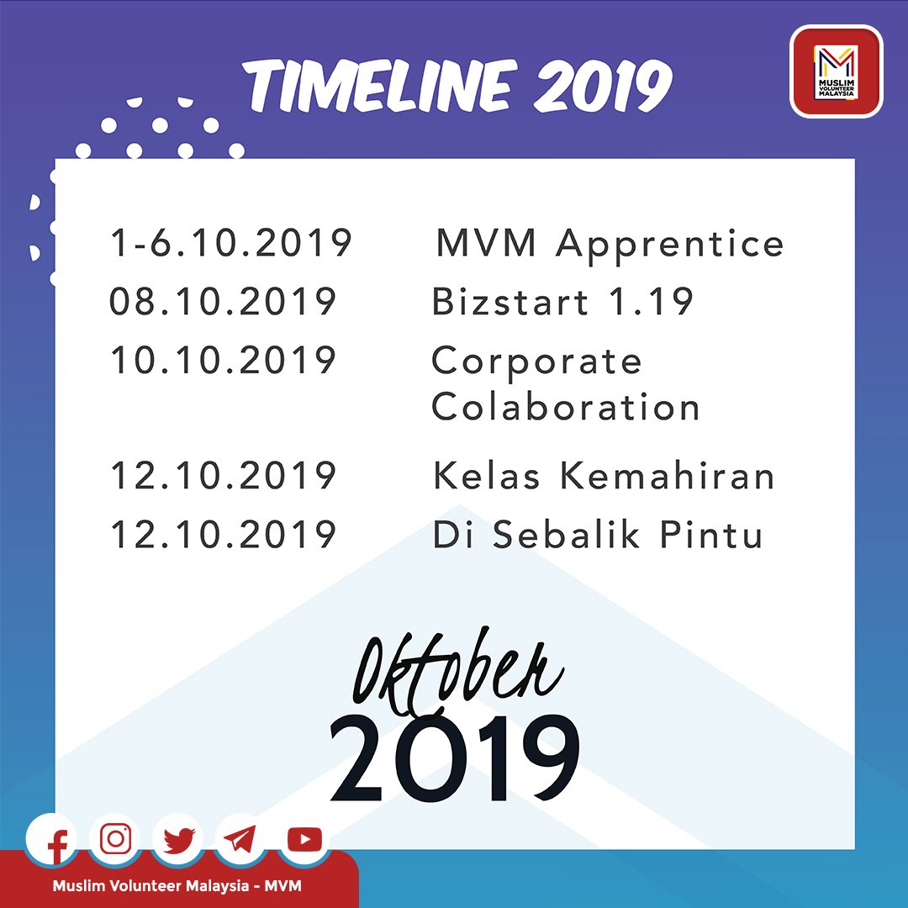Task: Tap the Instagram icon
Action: coord(115,839)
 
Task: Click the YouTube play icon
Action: coord(304,840)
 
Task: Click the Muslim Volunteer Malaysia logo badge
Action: coord(837,71)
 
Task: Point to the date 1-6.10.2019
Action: coord(230,243)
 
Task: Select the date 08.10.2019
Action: coord(223,301)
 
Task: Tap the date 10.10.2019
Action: coord(224,360)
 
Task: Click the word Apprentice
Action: coord(670,245)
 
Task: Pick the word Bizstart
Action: coord(510,301)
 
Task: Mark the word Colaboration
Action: coord(566,406)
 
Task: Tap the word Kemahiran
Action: coord(667,475)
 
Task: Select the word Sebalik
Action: coord(567,534)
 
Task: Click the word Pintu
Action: coord(711,534)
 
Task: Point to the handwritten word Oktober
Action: coord(457,672)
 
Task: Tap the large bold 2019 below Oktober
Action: coord(455,758)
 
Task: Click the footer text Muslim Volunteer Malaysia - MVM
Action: coord(177,886)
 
